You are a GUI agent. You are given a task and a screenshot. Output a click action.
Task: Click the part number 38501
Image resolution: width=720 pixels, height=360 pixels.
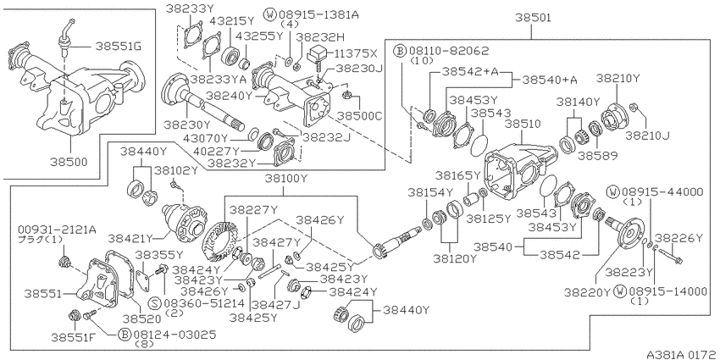[532, 18]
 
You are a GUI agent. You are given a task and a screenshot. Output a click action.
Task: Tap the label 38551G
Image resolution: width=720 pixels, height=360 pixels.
[119, 46]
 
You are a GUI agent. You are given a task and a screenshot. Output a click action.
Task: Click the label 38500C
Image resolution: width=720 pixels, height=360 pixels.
[359, 116]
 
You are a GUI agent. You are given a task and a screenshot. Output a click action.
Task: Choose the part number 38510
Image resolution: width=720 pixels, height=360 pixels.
[523, 124]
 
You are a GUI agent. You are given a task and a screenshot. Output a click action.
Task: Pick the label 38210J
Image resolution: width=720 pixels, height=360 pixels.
[648, 136]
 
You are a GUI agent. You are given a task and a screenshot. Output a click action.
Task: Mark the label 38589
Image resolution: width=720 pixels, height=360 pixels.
[597, 156]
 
